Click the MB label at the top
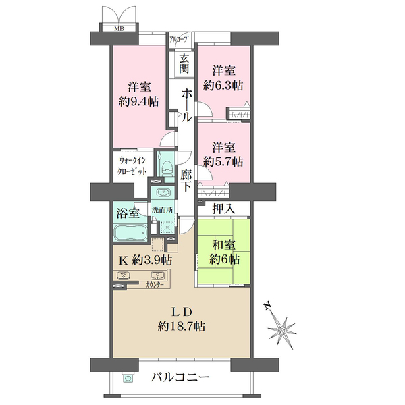click(x=119, y=28)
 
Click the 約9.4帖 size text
click(x=138, y=103)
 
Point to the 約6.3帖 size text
click(x=223, y=86)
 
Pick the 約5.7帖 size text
click(x=223, y=162)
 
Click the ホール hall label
click(x=186, y=106)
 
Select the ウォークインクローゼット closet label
click(x=132, y=166)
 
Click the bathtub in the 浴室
click(x=130, y=232)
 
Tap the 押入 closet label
click(x=223, y=209)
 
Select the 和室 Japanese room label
click(x=223, y=244)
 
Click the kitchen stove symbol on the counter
click(x=124, y=275)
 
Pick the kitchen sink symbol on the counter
click(x=157, y=275)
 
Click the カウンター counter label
click(x=155, y=285)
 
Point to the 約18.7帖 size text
click(x=182, y=327)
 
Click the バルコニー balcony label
click(x=180, y=377)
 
